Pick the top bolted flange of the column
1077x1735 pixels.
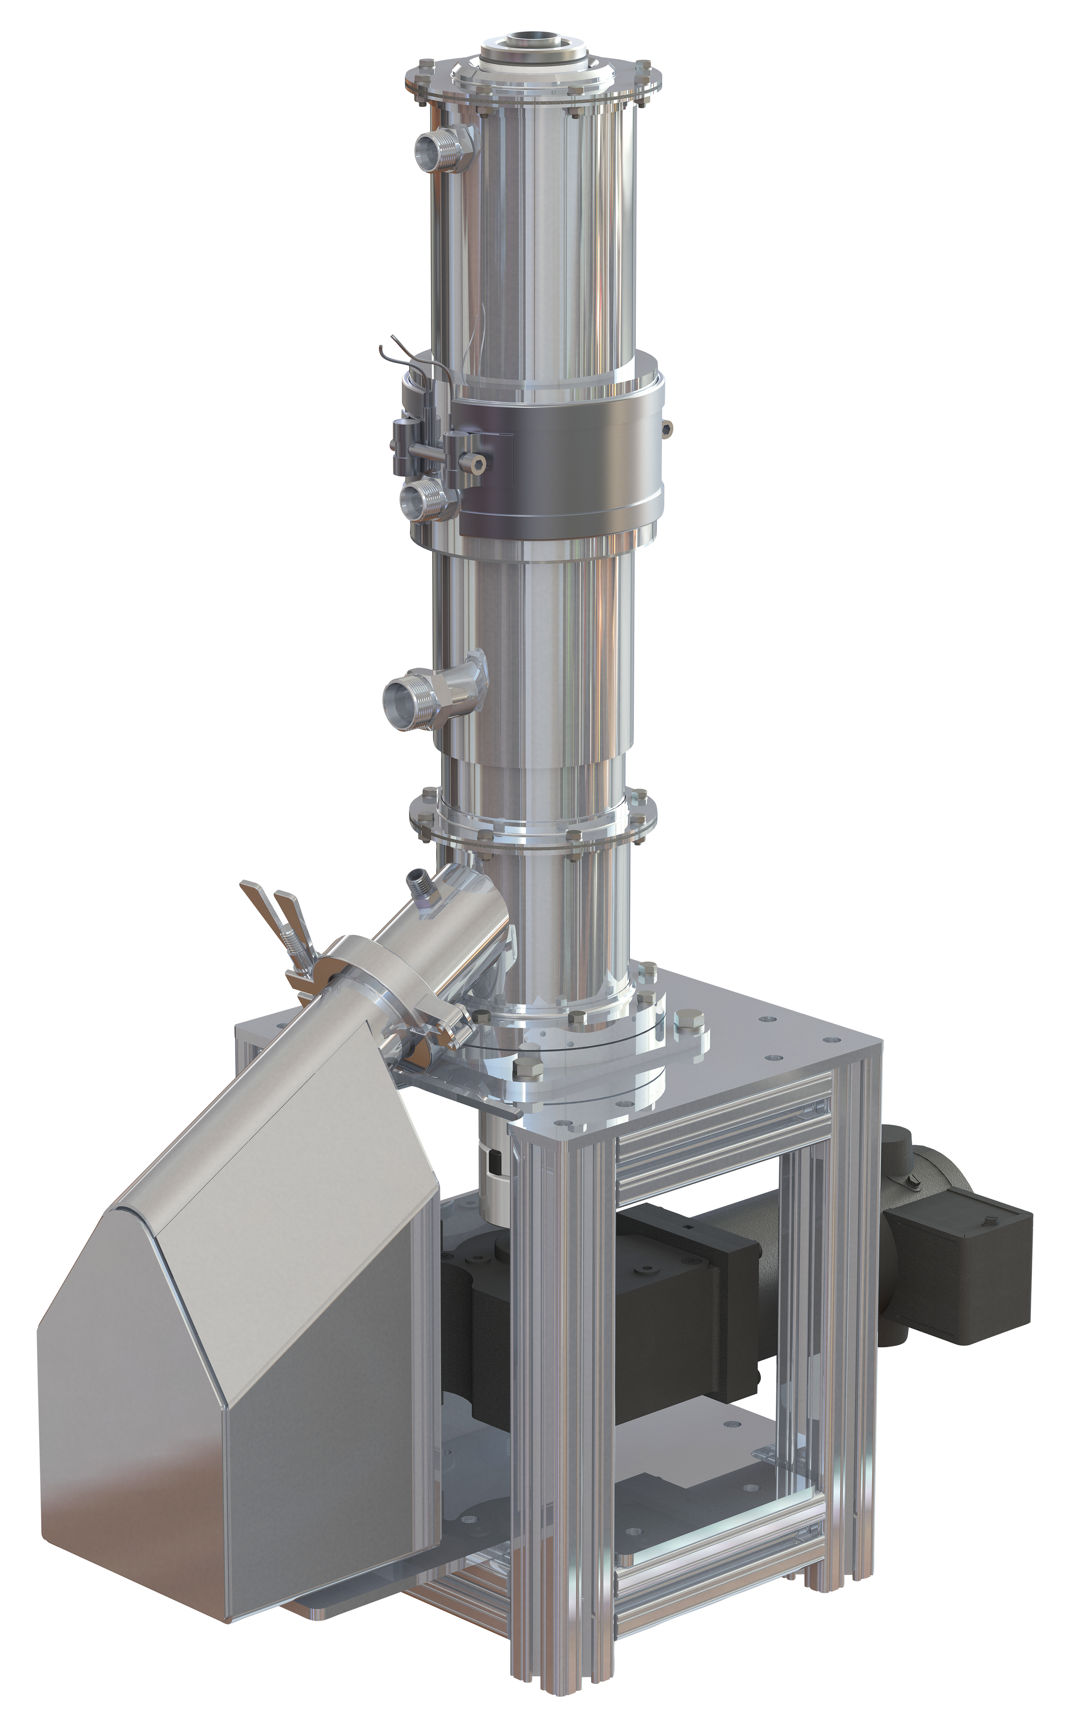coord(531,85)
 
